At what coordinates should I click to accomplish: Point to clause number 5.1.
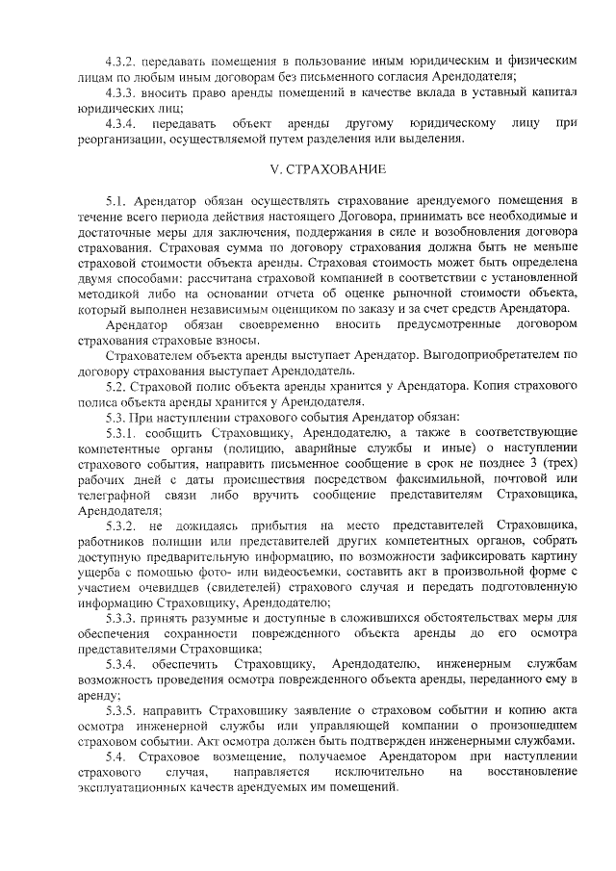coord(116,202)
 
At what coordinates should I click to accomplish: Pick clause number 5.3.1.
coord(121,432)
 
